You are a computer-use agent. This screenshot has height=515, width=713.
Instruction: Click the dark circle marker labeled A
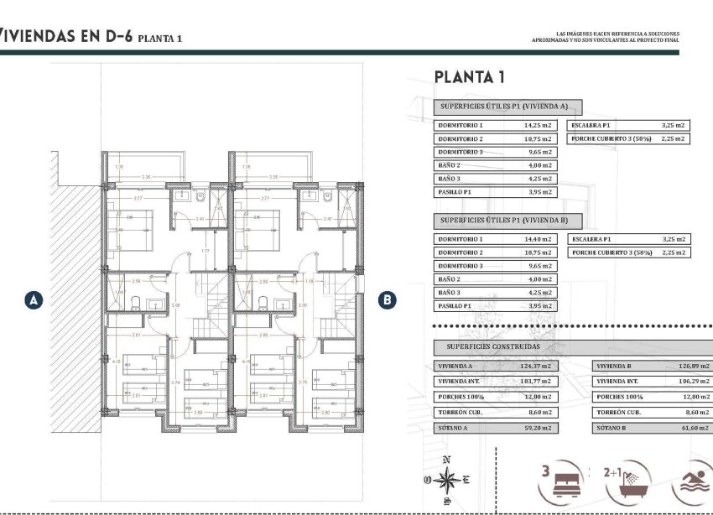pyautogui.click(x=34, y=299)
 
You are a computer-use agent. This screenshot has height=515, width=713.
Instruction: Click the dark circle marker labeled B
pyautogui.click(x=387, y=299)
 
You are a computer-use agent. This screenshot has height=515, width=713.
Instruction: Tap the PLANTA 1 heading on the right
pyautogui.click(x=469, y=77)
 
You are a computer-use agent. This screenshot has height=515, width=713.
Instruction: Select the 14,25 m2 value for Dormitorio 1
pyautogui.click(x=539, y=125)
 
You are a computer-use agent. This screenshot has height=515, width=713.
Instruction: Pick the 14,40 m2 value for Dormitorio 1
pyautogui.click(x=539, y=239)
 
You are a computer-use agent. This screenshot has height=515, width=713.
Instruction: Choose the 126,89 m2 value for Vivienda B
pyautogui.click(x=693, y=367)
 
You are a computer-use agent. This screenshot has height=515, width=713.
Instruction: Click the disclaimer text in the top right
pyautogui.click(x=606, y=37)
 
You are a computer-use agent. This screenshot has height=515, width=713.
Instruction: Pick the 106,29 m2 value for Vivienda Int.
pyautogui.click(x=693, y=382)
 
